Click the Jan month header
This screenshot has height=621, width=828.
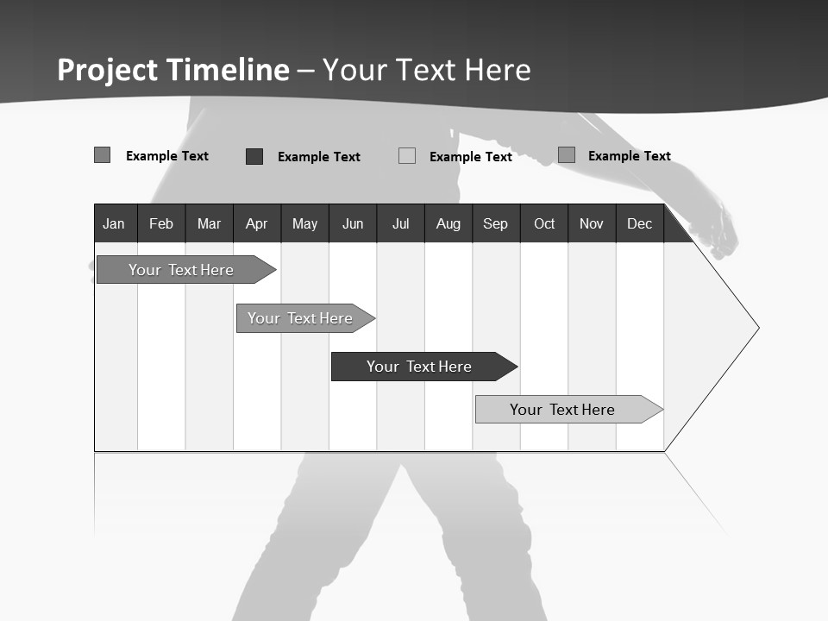114,224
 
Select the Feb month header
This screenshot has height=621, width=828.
161,224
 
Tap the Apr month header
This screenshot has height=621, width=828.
257,224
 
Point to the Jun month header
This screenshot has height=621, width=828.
353,224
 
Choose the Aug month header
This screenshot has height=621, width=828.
448,224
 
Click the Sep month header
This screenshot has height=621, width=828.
496,224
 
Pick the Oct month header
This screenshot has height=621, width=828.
544,224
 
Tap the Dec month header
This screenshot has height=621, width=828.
640,224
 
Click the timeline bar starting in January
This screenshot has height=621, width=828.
181,270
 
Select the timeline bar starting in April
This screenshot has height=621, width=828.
300,318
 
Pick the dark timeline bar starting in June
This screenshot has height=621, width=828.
419,367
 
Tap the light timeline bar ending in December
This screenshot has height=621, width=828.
562,410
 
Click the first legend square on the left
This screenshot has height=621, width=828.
103,155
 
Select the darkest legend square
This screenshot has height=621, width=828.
254,156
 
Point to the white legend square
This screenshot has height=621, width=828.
407,156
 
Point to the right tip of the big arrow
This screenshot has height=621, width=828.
757,328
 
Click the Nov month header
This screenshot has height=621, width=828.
592,224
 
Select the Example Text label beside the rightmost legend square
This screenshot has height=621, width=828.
629,156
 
